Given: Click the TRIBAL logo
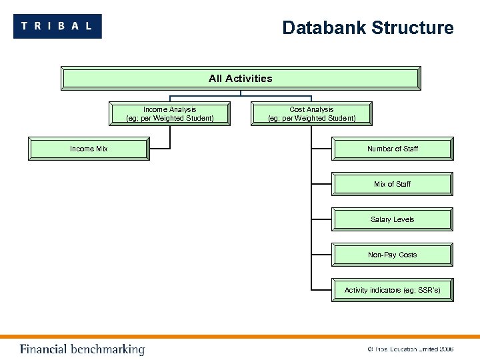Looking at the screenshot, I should point(57,26).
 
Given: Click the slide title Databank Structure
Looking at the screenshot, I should point(367,28).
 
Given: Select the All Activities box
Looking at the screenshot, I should point(241,79).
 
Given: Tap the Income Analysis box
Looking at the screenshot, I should point(170,114).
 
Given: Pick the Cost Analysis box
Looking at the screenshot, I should point(311,114).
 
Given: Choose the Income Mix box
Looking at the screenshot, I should point(89,149).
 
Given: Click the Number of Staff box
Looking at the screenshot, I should point(393,149).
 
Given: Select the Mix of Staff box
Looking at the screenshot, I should point(393,184).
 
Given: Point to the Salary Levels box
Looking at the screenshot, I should point(393,219).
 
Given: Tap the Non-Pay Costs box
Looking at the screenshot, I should point(393,255).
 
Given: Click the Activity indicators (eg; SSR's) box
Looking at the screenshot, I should point(393,290).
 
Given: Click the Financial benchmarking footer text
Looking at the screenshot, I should point(82,349).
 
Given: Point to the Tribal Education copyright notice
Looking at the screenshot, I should point(410,349).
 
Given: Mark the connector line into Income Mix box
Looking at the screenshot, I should point(161,147).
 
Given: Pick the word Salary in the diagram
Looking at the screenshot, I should point(380,219).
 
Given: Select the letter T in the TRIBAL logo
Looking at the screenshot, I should point(25,26).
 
